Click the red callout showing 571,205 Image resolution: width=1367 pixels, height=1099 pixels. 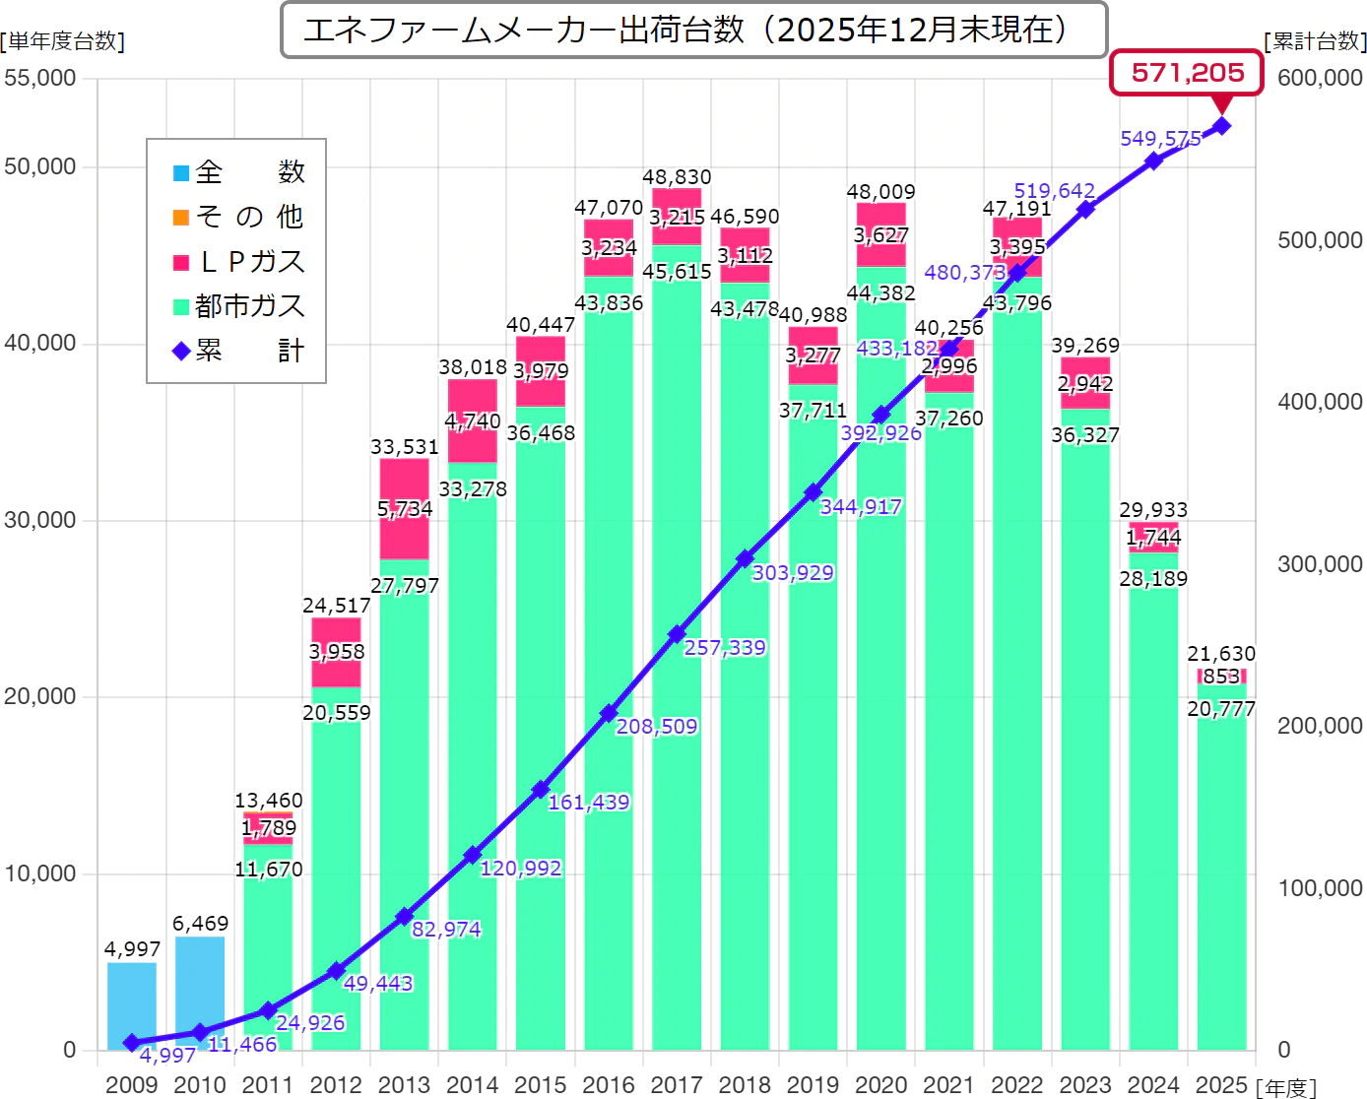point(1187,73)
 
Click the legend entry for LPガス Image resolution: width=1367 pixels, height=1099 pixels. point(239,262)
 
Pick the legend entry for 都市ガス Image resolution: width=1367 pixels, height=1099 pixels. point(239,306)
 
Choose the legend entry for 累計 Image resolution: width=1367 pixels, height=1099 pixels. point(239,351)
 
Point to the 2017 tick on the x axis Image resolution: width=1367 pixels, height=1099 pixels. point(677,1084)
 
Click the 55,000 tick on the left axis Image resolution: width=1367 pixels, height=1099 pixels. point(40,78)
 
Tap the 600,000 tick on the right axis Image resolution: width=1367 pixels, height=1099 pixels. point(1319,78)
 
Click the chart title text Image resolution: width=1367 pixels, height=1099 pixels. point(684,31)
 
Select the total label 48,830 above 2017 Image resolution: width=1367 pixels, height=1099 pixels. point(677,177)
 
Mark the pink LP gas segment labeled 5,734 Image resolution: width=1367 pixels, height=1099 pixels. point(405,509)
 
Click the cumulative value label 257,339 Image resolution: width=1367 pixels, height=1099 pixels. point(725,648)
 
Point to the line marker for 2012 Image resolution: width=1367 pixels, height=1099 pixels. point(336,971)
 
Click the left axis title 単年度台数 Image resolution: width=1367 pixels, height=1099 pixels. point(63,41)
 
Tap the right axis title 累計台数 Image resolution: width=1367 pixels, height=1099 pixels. point(1315,41)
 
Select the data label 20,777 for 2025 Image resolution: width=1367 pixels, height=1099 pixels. point(1221,709)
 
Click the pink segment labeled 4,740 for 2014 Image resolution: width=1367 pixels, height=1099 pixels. point(473,421)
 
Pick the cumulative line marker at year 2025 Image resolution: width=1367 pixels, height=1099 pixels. point(1221,126)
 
